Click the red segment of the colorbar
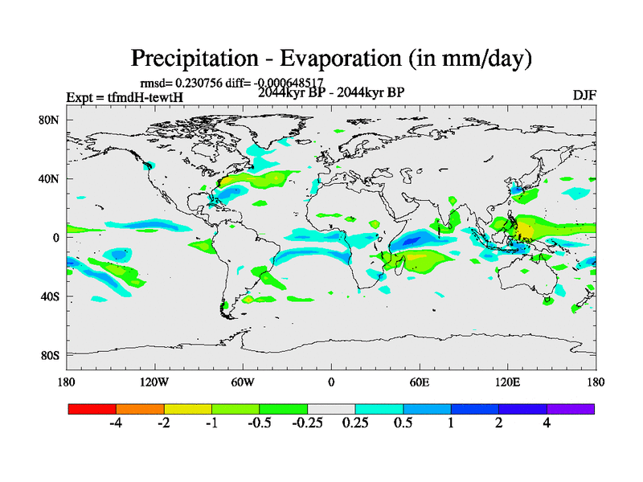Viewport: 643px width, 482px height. pos(92,409)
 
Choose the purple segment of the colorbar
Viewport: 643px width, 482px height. pos(571,409)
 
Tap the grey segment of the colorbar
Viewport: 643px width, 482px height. pos(331,409)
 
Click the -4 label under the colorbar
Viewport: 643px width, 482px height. pos(116,424)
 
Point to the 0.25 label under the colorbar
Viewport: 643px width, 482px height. pos(354,424)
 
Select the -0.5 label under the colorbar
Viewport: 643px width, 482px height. pos(258,424)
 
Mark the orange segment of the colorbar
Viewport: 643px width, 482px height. pos(140,409)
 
